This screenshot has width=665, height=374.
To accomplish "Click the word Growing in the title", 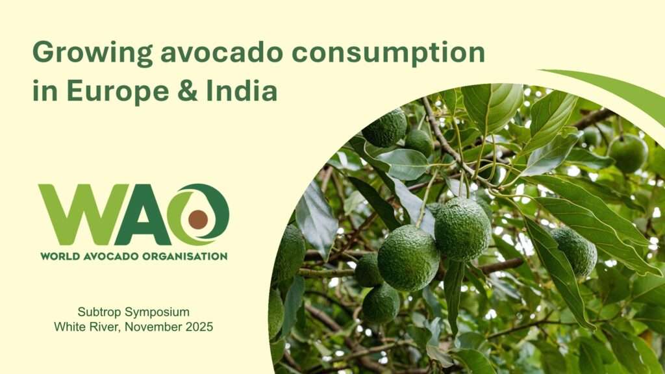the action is click(92, 53).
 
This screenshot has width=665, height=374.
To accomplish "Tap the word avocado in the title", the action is click(222, 52).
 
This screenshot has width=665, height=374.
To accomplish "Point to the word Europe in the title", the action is click(118, 91).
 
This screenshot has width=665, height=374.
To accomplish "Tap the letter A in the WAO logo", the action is click(143, 214).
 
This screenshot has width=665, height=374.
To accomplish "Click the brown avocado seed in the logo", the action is click(198, 219).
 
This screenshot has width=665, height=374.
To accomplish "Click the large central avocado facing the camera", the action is click(408, 258).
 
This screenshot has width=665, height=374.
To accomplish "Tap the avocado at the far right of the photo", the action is click(574, 251).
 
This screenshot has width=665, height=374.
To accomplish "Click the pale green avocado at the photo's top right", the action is click(628, 153).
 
